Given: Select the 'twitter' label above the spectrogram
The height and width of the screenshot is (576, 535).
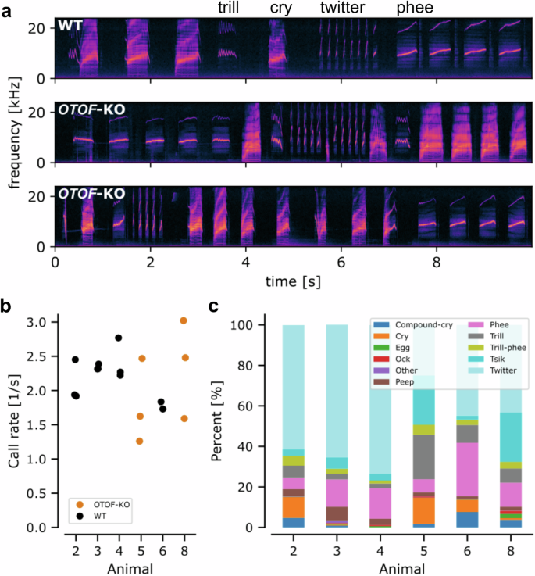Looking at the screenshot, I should [341, 8].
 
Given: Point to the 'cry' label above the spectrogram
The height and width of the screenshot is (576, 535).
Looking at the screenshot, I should [280, 8].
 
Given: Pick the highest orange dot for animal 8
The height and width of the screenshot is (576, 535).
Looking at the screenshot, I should [184, 320].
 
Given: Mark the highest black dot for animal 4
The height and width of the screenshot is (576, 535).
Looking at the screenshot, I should [118, 338].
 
